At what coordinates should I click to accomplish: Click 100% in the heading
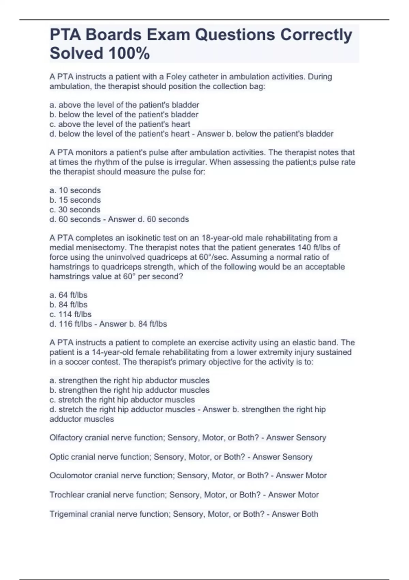129,54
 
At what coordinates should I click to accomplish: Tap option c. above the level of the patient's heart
120,124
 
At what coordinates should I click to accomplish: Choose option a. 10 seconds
75,190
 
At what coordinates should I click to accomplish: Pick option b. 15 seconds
75,200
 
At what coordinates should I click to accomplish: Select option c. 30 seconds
75,209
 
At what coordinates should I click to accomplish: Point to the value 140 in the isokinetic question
304,247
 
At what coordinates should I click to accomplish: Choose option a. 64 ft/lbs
69,295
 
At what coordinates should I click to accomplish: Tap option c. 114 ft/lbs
71,314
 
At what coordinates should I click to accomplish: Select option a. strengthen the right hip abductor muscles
130,380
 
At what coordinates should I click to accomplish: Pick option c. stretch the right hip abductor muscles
122,400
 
